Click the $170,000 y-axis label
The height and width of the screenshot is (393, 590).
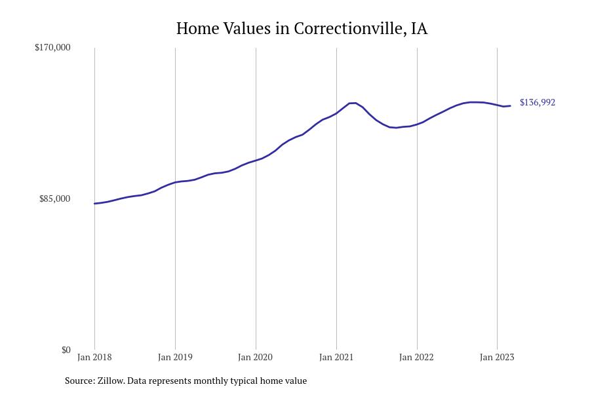[x=52, y=47]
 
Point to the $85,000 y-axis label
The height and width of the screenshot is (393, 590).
[x=55, y=198]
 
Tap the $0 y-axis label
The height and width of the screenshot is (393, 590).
[x=66, y=350]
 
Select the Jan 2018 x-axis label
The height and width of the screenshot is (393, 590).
[x=94, y=357]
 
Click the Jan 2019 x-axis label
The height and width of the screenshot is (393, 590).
[x=175, y=357]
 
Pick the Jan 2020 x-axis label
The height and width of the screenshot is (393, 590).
[x=256, y=357]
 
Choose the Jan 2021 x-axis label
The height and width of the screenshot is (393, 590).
[x=336, y=357]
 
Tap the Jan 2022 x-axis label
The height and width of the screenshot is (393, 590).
[x=417, y=357]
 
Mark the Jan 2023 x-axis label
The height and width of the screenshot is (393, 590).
[x=497, y=357]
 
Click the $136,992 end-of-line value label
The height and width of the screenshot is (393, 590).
[x=538, y=102]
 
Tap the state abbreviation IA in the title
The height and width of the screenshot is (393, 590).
[x=420, y=29]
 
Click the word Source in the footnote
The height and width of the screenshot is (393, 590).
[x=79, y=381]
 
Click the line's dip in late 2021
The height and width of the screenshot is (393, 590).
[x=395, y=128]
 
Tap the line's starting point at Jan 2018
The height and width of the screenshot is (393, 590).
[x=94, y=204]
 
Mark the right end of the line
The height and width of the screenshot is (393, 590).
[x=510, y=105]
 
